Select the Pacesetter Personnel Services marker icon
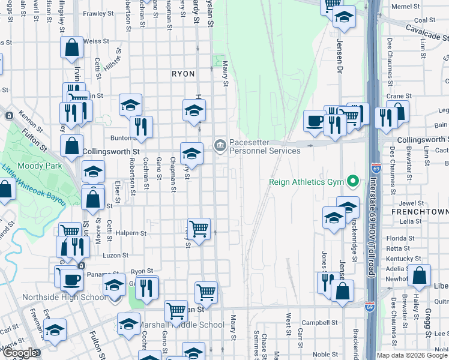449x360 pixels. tap(220, 145)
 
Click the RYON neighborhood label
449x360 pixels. tap(183, 74)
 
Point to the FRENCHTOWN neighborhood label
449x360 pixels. tap(420, 212)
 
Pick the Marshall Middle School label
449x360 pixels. tap(182, 325)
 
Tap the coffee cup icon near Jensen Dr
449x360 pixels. tap(315, 121)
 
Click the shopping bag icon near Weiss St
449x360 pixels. tap(71, 48)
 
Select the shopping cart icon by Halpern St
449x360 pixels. tap(199, 229)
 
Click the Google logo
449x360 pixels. tap(19, 353)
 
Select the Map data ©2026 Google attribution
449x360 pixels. tap(412, 355)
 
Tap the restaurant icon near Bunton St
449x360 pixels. tap(141, 127)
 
